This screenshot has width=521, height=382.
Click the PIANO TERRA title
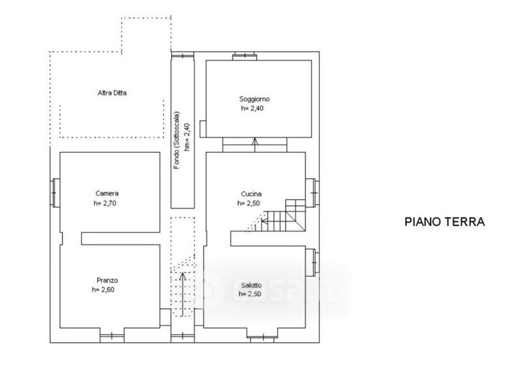445,222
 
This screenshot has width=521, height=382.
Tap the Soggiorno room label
255,99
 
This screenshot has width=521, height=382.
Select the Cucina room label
251,194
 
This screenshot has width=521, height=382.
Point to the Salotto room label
251,286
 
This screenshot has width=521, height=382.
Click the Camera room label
107,193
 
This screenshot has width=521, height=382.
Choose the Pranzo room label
107,280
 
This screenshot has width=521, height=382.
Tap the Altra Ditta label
112,93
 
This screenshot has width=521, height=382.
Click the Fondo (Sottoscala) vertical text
176,140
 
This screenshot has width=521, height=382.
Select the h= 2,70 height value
105,203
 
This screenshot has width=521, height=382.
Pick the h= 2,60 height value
103,289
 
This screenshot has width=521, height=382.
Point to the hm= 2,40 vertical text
187,137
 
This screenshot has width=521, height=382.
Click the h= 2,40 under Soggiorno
252,108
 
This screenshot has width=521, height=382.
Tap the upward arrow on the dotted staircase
182,295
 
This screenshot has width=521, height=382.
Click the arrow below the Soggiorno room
255,145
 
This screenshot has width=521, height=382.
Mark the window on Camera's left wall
55,193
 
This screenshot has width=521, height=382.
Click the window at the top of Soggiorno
245,56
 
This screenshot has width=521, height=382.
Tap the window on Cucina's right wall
313,193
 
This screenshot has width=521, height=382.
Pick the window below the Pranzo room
112,335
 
